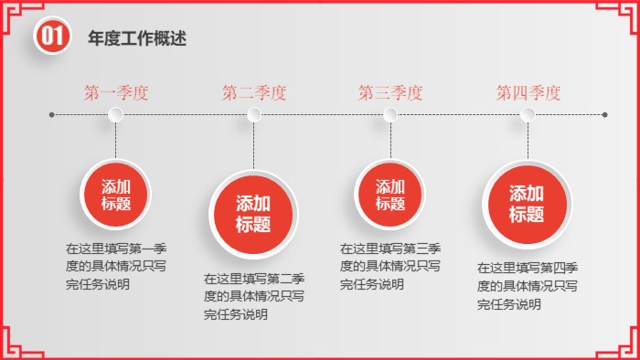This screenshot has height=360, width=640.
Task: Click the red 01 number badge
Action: click(x=50, y=37)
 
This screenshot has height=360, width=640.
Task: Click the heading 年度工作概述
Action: click(x=137, y=38)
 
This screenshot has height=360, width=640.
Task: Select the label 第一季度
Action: click(x=116, y=92)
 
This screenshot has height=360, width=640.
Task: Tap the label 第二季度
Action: click(x=254, y=92)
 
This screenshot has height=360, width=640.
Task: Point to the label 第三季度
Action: click(x=390, y=92)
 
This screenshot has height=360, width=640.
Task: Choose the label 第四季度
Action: click(x=528, y=92)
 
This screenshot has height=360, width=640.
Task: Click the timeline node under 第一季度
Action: click(x=116, y=114)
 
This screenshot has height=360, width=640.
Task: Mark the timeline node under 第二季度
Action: click(x=254, y=114)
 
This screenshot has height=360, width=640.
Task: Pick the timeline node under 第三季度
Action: click(x=390, y=114)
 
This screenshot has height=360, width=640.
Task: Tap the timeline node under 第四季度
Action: click(x=528, y=114)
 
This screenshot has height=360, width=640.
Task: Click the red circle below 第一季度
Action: click(x=116, y=195)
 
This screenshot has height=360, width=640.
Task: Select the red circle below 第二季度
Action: click(x=254, y=213)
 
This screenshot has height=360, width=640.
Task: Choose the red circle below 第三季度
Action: click(x=390, y=195)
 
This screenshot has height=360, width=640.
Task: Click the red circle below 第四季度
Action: click(x=527, y=204)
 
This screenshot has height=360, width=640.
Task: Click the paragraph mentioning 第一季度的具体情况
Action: click(x=115, y=265)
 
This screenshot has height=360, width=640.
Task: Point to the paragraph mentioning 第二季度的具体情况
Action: click(x=253, y=296)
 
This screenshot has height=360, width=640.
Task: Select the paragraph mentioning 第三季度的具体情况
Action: click(x=390, y=265)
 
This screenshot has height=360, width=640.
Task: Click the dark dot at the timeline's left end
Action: click(x=51, y=115)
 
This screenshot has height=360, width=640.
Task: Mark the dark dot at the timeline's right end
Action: click(x=606, y=115)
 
